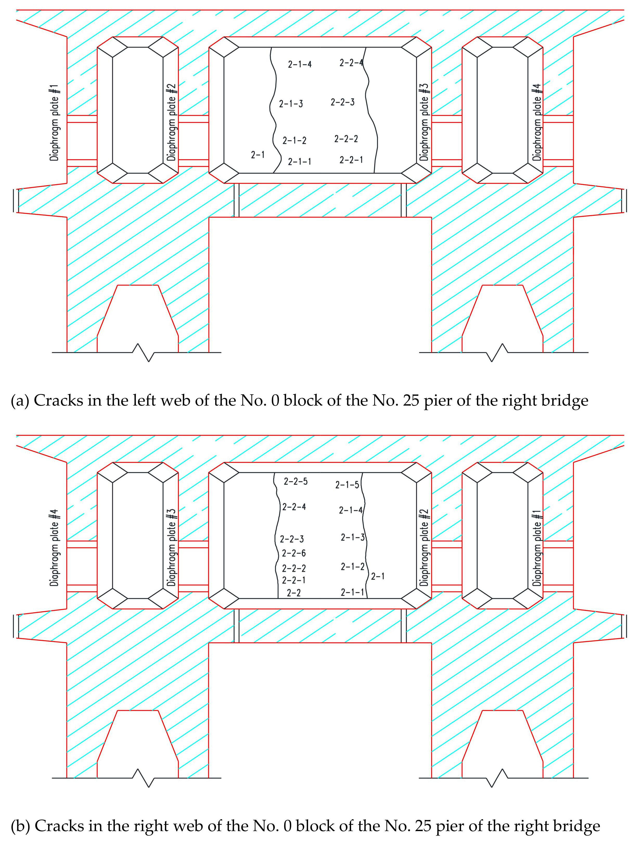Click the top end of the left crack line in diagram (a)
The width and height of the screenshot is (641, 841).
click(271, 47)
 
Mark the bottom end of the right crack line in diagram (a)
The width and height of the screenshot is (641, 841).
click(374, 173)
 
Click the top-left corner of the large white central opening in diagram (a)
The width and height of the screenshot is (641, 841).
click(209, 217)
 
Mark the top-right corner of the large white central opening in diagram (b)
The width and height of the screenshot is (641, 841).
click(431, 643)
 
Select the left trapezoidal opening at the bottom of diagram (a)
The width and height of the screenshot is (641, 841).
click(138, 318)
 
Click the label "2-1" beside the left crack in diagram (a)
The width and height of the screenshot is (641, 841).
click(258, 155)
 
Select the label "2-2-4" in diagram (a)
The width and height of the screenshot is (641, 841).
click(351, 62)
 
